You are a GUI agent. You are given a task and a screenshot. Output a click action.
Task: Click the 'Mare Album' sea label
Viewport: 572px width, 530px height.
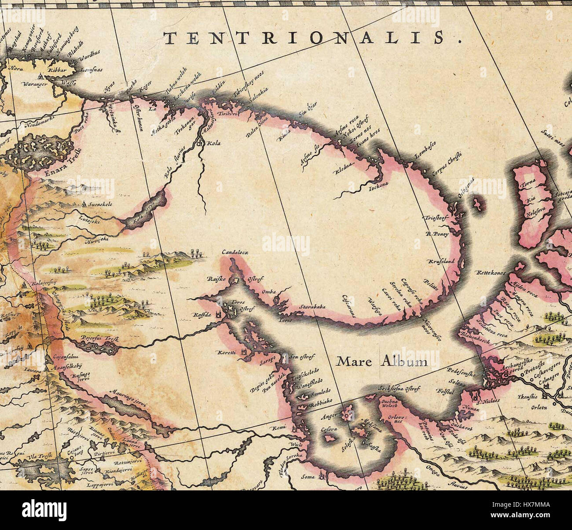[x=381, y=361]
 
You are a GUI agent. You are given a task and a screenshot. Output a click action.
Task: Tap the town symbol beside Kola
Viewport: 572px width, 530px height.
[x=199, y=143]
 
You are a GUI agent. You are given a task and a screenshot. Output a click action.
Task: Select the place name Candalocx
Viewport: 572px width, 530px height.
[x=235, y=253]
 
